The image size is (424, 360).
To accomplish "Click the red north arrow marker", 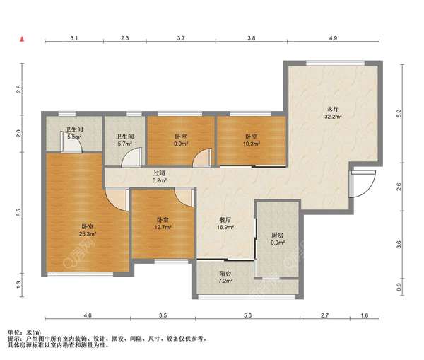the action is tap(23, 39).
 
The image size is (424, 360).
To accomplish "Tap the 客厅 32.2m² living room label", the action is tap(333, 113).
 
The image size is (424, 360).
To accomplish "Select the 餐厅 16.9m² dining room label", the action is tap(225, 223).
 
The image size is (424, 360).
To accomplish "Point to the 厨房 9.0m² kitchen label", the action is tap(278, 239).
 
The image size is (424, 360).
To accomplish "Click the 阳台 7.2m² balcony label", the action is tap(225, 277).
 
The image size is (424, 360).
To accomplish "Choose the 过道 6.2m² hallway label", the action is tap(159, 177).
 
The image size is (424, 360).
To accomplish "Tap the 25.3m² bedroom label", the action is tap(88, 230).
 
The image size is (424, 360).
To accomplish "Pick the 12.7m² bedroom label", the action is tap(163, 223).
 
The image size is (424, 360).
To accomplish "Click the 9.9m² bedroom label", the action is tap(181, 140).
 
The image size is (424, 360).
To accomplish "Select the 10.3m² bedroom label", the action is tap(252, 140).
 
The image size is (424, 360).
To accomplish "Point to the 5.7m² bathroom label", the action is tap(125, 140).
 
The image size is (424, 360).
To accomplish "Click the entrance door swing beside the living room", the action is tap(363, 184).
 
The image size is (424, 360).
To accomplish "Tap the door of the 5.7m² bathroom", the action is tap(132, 157).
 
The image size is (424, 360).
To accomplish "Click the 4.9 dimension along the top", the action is tap(333, 38).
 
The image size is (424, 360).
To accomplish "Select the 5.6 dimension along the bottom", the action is tap(248, 315).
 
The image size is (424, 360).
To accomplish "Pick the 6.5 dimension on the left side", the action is tap(18, 213).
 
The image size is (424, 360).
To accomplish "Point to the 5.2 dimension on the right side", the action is tap(399, 113).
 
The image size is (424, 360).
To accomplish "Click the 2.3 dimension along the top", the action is tap(124, 38).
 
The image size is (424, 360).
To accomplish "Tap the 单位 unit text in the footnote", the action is tap(13, 332).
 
